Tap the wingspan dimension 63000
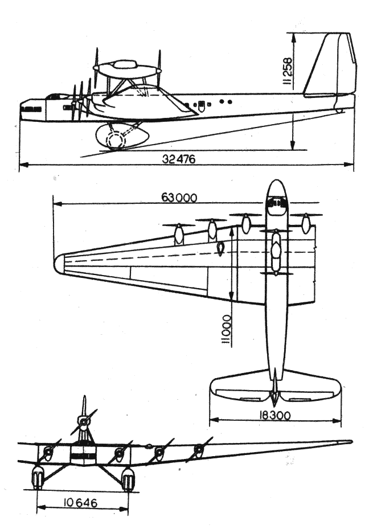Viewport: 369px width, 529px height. point(179,198)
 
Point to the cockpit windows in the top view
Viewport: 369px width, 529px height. point(276,203)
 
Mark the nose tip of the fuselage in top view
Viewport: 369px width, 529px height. point(276,182)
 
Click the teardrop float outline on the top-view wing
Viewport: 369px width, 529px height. point(220,248)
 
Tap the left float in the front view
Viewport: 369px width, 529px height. point(38,477)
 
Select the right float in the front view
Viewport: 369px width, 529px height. point(128,479)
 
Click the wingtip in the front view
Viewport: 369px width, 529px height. point(348,441)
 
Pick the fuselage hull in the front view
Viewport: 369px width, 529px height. point(83,454)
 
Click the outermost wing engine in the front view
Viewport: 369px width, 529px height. point(198,451)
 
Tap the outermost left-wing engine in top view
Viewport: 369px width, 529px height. point(179,233)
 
